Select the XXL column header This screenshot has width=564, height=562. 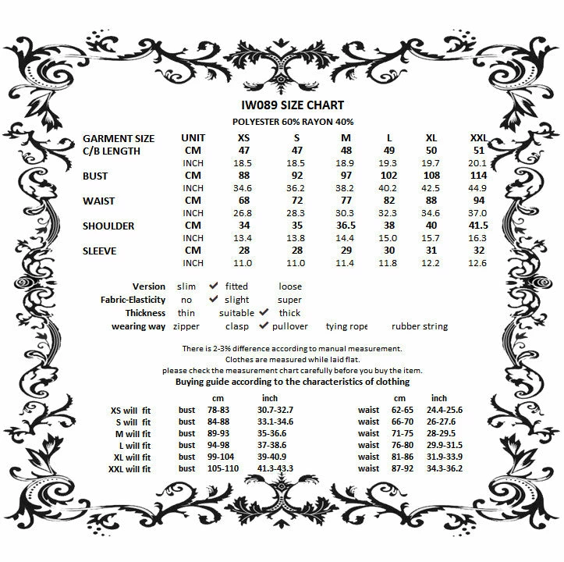[479, 138]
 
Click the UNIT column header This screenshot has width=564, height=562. [193, 138]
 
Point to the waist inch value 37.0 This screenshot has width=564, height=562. [478, 213]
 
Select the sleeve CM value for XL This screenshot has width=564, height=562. [431, 251]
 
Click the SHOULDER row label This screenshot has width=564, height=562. [109, 226]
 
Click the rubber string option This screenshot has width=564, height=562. [420, 326]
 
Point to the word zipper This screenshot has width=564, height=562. [186, 326]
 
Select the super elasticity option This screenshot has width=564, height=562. [289, 300]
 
